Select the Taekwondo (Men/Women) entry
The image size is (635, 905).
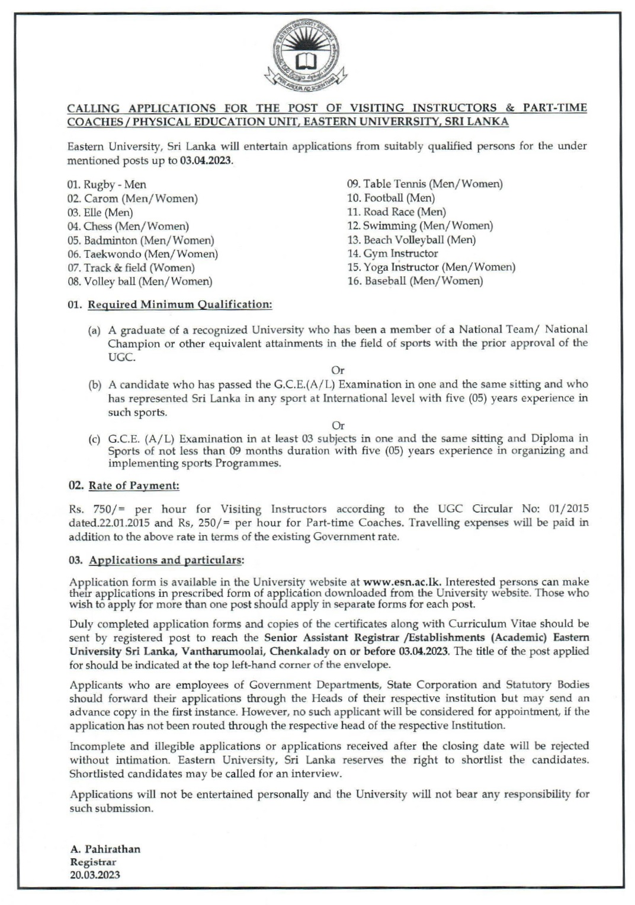tap(143, 254)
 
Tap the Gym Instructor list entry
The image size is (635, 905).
tap(392, 254)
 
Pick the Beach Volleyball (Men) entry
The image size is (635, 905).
tap(411, 240)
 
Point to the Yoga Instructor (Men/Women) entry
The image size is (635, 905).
tap(431, 267)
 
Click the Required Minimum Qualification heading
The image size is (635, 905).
tap(179, 305)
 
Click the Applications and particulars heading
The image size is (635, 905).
tap(165, 560)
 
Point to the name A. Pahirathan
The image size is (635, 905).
tap(105, 849)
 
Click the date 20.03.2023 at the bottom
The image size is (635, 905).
tap(95, 875)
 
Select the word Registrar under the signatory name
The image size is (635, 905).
tap(93, 862)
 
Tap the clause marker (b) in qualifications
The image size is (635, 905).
tap(95, 385)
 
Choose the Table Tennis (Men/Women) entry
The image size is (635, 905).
tap(424, 184)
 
